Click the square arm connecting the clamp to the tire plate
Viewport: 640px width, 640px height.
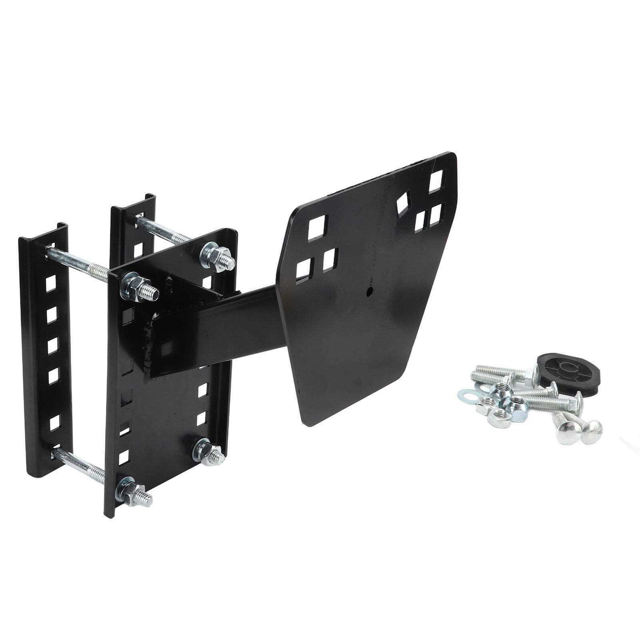click(240, 320)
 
